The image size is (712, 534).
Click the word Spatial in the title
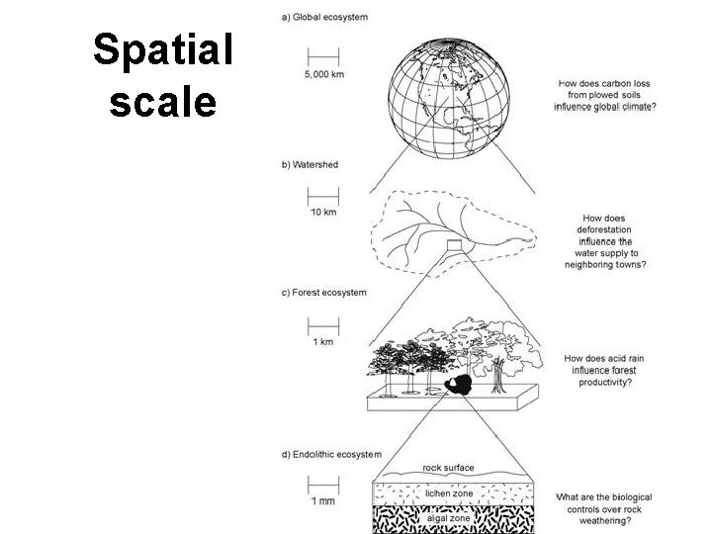click(163, 49)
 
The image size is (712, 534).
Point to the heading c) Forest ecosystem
click(323, 293)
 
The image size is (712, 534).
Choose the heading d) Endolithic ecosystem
click(330, 454)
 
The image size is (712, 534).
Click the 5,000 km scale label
click(323, 74)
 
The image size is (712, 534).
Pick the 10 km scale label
click(323, 213)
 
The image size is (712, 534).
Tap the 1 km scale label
click(322, 342)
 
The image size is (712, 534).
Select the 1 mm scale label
click(323, 501)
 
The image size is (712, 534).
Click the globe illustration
click(451, 99)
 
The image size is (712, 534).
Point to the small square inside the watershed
click(454, 245)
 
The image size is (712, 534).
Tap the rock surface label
click(448, 468)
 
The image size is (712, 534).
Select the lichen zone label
click(449, 492)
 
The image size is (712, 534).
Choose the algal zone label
click(447, 517)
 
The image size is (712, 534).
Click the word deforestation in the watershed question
click(604, 229)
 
